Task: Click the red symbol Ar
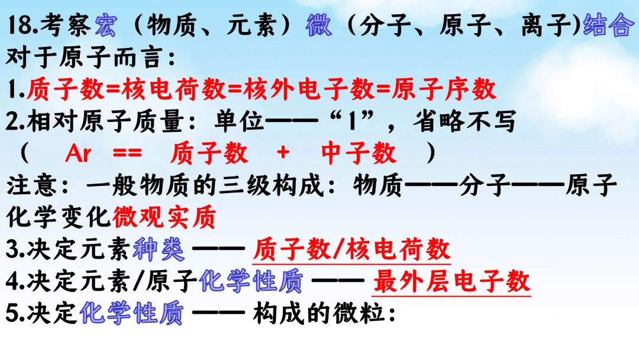click(78, 154)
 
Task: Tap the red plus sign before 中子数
click(283, 154)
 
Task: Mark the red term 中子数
click(359, 154)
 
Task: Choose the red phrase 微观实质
click(164, 218)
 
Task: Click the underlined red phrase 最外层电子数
click(451, 282)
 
